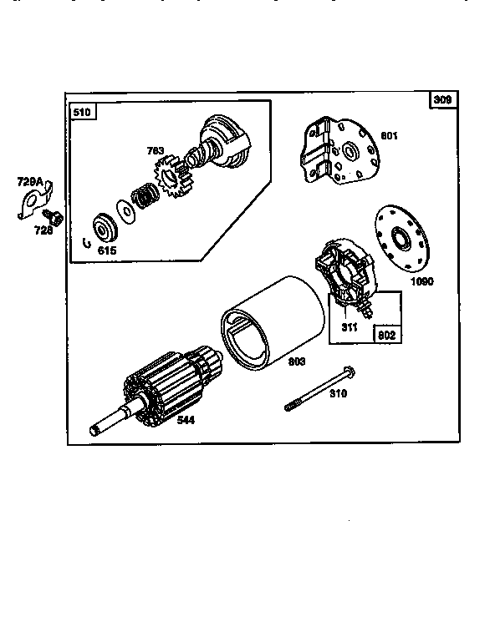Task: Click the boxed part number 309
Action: pos(442,100)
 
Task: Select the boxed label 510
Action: pos(82,111)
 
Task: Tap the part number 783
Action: pos(156,151)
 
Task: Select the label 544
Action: pos(186,420)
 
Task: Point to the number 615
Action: pos(106,249)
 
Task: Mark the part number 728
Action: pos(43,230)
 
